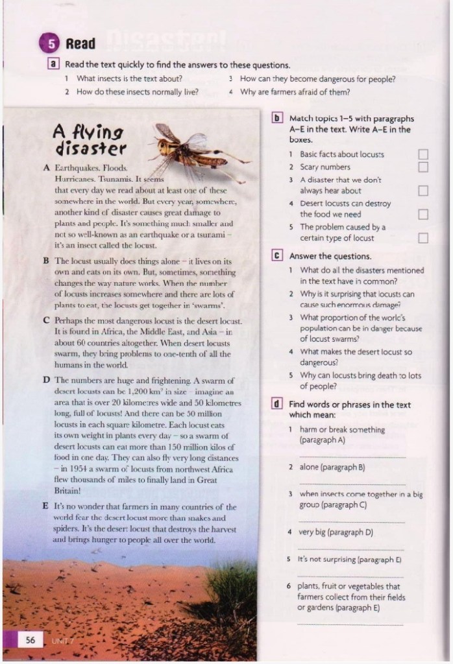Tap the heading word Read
(x=81, y=44)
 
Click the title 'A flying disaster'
(x=90, y=140)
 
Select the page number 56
(x=31, y=640)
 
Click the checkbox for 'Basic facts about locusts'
(x=423, y=155)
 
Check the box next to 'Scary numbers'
(x=423, y=167)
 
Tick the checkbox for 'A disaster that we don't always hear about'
(x=423, y=191)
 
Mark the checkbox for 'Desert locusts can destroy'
(x=423, y=214)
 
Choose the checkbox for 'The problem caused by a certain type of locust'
(x=423, y=238)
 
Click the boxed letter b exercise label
(x=277, y=119)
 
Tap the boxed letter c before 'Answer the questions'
(x=277, y=256)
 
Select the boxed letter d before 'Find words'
(x=277, y=404)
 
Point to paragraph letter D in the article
(x=46, y=379)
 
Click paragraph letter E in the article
(x=46, y=506)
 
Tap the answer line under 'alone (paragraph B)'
(x=350, y=484)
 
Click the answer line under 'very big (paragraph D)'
(x=350, y=549)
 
